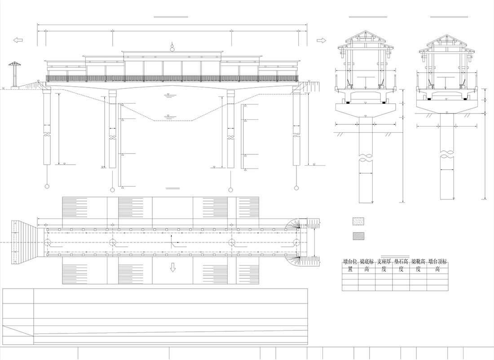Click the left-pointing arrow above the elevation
click(x=18, y=40)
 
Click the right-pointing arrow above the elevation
click(x=321, y=40)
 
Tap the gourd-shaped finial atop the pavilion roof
click(x=172, y=46)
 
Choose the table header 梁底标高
click(x=367, y=266)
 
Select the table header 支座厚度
click(x=384, y=266)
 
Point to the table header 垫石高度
click(x=401, y=266)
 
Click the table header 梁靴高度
click(x=418, y=266)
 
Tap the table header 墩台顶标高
click(x=437, y=266)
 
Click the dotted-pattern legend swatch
click(x=358, y=221)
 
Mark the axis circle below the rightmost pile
click(x=296, y=187)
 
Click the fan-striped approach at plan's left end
click(x=25, y=242)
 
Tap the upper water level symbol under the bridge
click(x=168, y=95)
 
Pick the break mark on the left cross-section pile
click(x=365, y=158)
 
